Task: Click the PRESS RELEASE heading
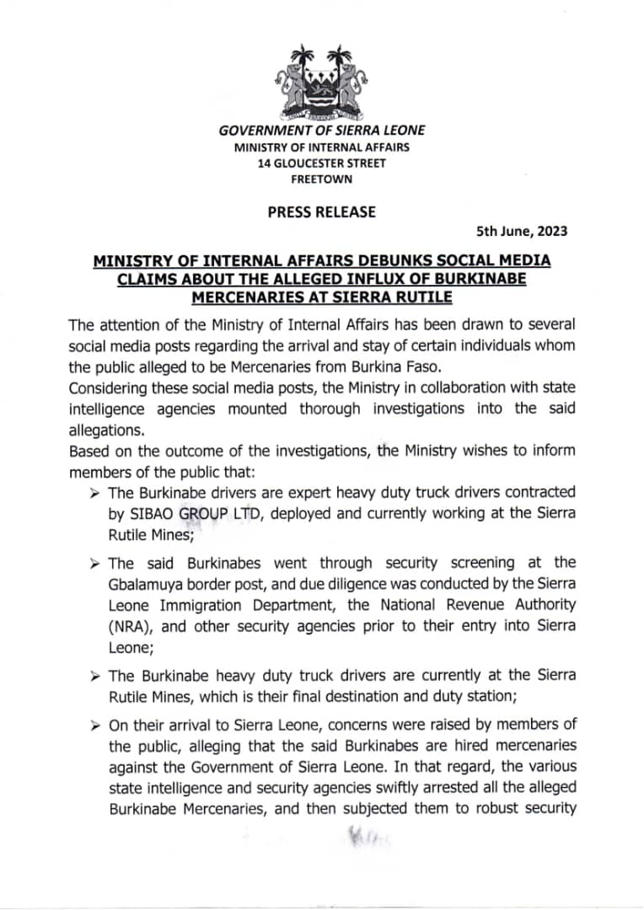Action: coord(321,211)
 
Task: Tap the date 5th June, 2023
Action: coord(523,231)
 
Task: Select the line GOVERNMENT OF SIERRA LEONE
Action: coord(321,131)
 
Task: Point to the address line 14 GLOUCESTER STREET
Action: coord(321,163)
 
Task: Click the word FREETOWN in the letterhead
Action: coord(321,179)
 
